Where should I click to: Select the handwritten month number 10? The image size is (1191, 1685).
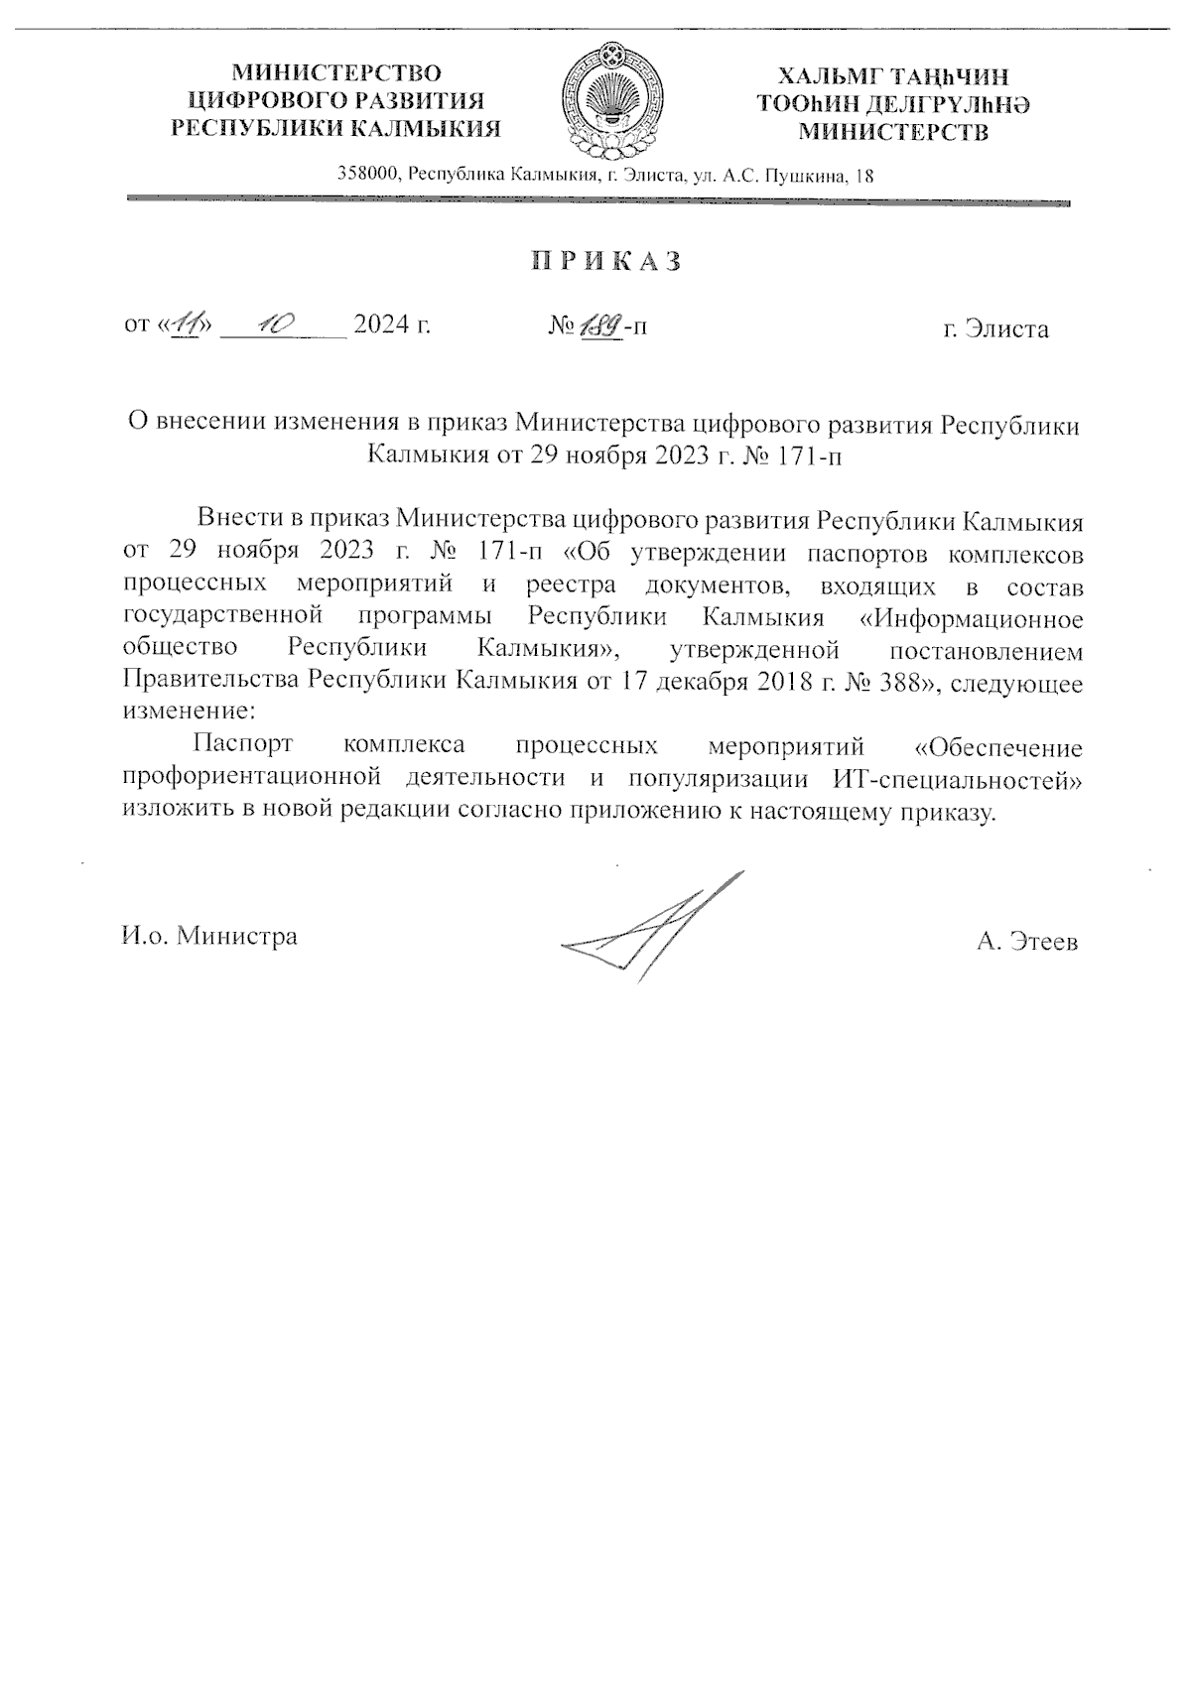coord(271,324)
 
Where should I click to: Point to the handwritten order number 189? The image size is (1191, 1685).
coord(600,324)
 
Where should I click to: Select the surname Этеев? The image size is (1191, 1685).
coord(1041,941)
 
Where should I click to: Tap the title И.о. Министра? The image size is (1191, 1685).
coord(209,936)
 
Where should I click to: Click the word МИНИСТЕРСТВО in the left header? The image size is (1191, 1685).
coord(336,73)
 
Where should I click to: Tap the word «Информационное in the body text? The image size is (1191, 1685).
coord(970,617)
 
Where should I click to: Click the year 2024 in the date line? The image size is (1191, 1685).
coord(382,324)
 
